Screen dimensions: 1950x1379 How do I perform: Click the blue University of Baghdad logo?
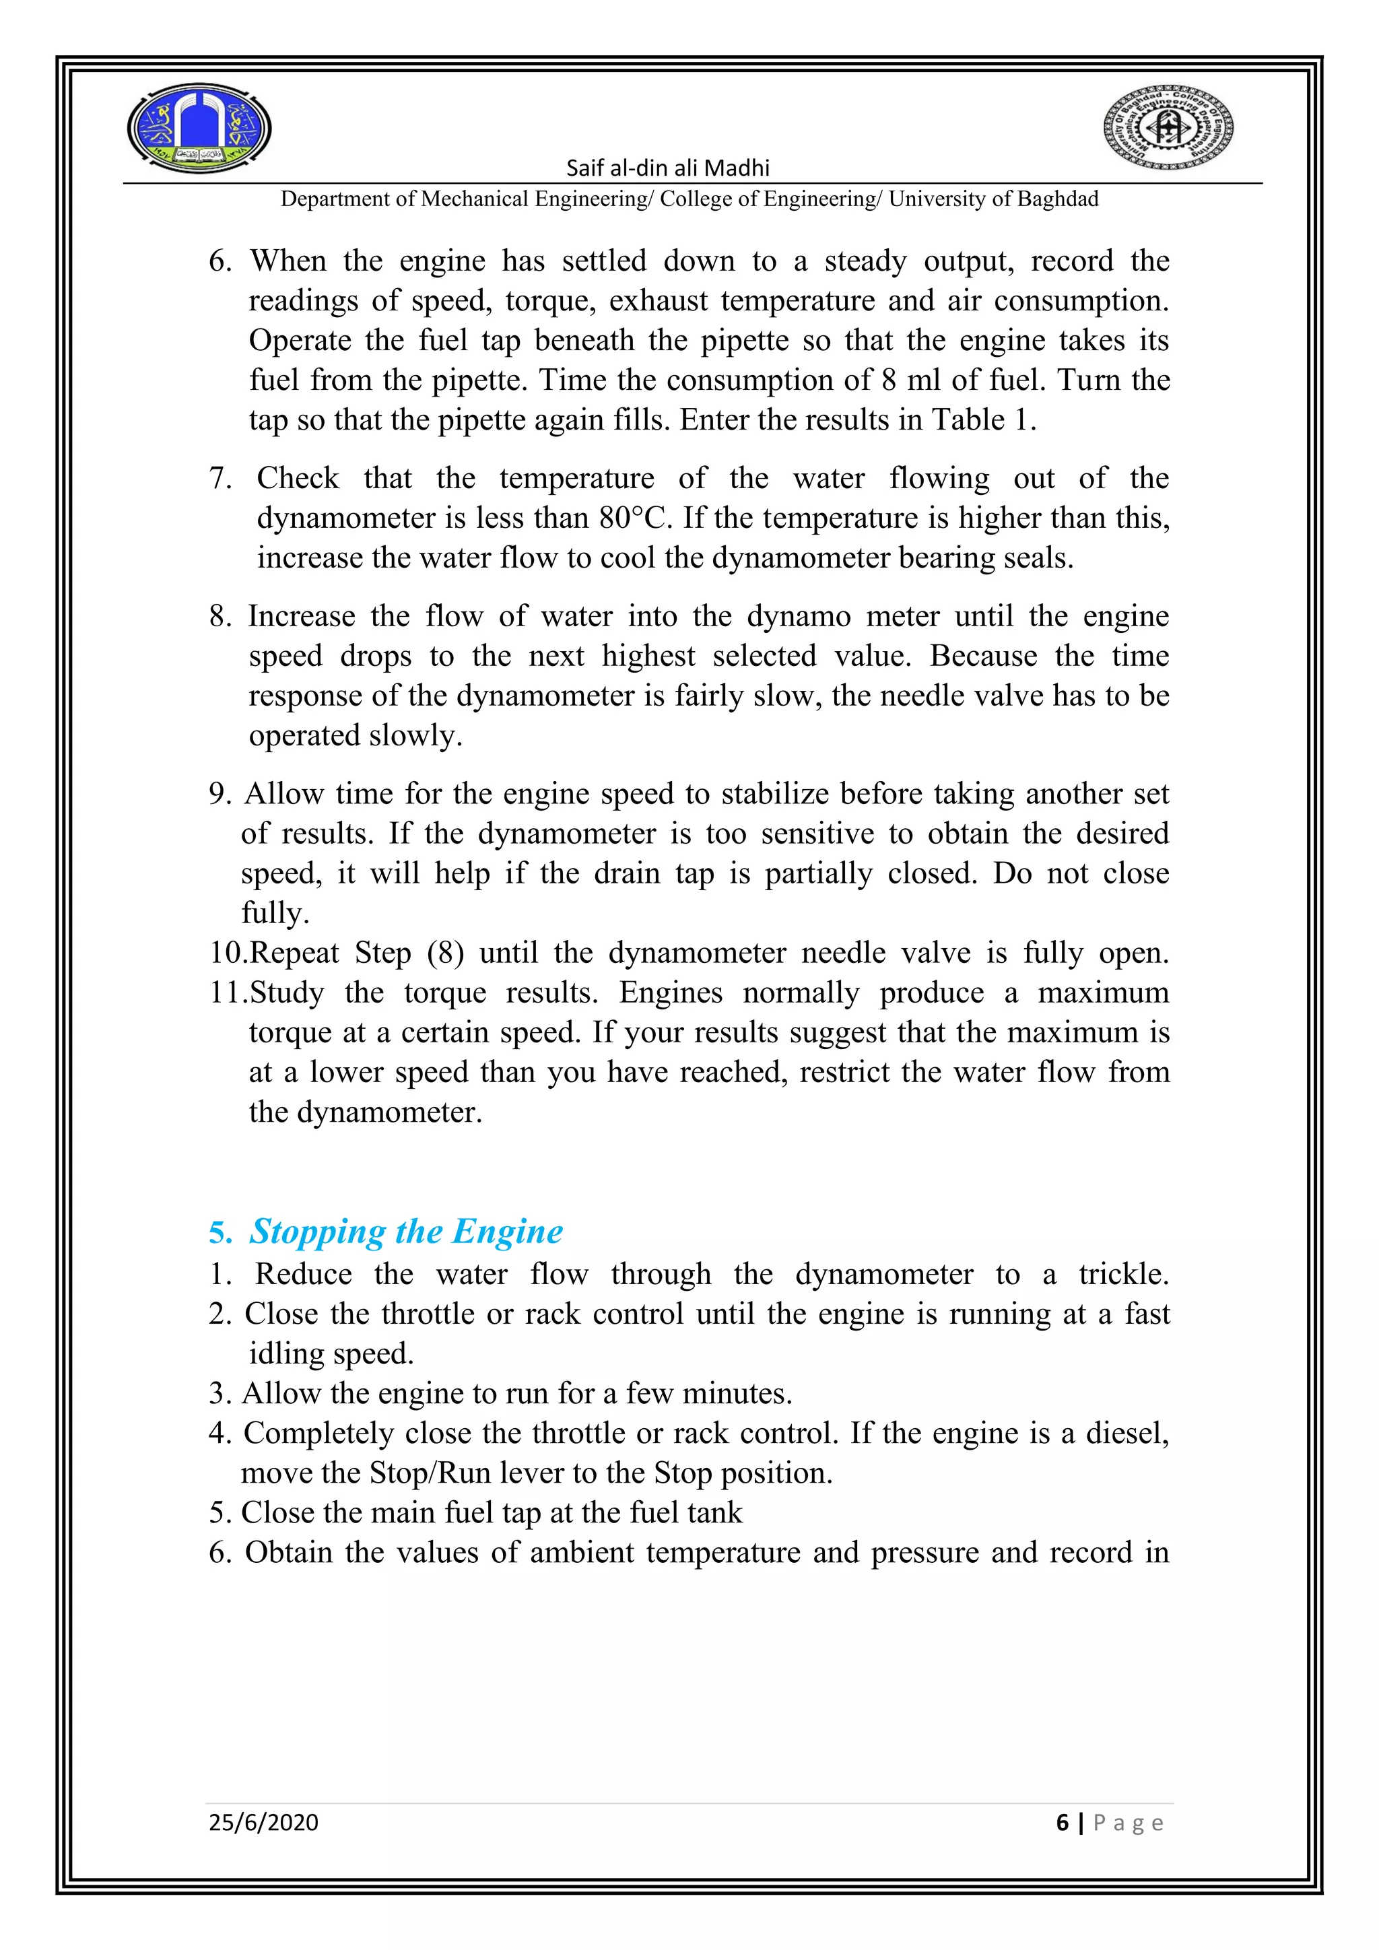pos(199,128)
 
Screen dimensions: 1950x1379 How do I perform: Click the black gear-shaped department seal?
pos(1168,128)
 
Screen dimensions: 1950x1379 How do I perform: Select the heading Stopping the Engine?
pos(405,1232)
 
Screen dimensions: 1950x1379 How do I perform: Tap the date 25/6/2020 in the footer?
pos(263,1823)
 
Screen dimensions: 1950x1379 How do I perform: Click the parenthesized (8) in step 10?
pos(446,953)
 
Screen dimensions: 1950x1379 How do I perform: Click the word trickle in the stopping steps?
pos(1122,1274)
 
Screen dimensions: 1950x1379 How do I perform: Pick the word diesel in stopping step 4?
pos(1125,1433)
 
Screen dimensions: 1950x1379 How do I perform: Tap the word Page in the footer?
pos(1128,1823)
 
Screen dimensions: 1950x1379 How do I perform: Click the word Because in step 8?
pos(983,657)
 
